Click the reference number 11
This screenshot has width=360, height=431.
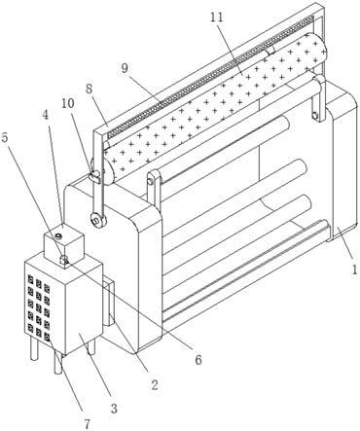[217, 18]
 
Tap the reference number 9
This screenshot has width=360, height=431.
[125, 68]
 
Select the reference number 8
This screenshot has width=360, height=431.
[89, 89]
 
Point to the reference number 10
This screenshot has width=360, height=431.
[68, 103]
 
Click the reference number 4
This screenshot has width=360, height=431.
[46, 115]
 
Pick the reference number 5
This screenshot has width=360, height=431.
[6, 138]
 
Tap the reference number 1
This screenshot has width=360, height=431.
[354, 269]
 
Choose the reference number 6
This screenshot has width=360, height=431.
[198, 359]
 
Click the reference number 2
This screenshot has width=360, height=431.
[155, 384]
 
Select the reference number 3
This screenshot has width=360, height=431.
[114, 409]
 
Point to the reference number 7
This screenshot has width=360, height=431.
[87, 424]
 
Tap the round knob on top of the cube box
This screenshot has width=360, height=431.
[58, 235]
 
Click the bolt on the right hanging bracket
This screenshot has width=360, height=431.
[314, 115]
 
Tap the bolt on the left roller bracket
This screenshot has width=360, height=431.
[150, 182]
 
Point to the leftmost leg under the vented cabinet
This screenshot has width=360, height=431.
[34, 351]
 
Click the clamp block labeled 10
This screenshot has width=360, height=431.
[95, 176]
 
